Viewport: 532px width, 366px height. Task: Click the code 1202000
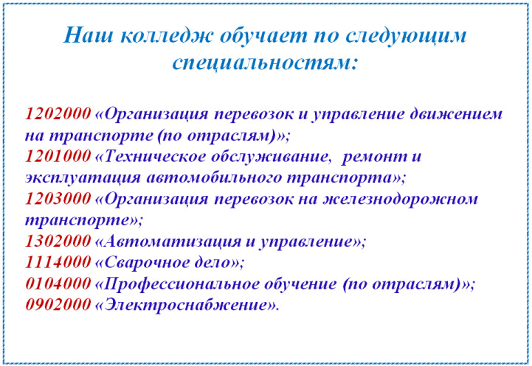[58, 114]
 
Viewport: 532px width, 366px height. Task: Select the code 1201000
[58, 156]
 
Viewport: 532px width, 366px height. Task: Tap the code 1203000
[58, 199]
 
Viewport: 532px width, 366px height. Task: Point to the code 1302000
[58, 241]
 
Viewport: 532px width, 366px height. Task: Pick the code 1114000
[58, 262]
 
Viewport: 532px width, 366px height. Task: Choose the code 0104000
[58, 284]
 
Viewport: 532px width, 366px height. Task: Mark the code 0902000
[58, 305]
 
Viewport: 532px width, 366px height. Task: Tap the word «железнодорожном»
[400, 200]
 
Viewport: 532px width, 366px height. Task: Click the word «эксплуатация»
[83, 178]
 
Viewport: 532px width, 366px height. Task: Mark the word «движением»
[456, 114]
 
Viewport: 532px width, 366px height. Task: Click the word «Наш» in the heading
[88, 35]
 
